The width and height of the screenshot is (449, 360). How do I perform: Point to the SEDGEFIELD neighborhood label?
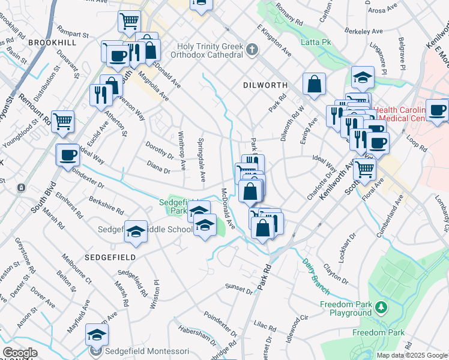coord(110,256)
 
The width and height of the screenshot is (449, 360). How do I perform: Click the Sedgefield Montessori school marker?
coord(97,336)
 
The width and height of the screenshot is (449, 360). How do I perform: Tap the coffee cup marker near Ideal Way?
coord(67,155)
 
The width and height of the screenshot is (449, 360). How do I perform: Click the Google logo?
coord(20,353)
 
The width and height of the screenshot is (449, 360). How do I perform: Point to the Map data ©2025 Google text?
coord(412,355)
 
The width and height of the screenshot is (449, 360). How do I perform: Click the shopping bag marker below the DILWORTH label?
coord(315,85)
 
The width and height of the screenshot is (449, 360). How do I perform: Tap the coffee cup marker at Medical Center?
coord(437,110)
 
